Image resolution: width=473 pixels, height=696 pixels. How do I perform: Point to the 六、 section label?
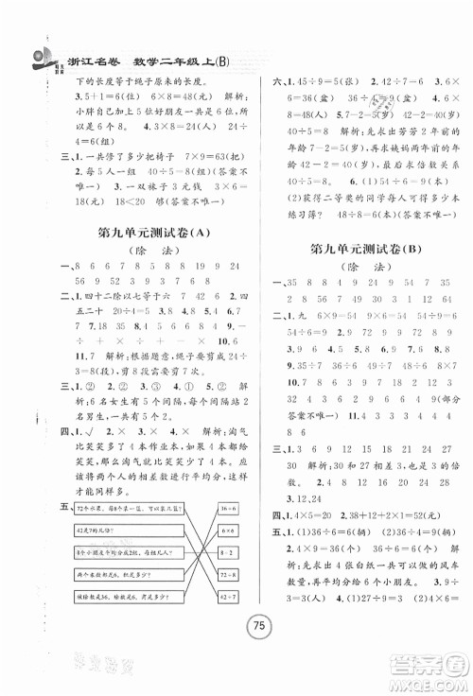(254, 81)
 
